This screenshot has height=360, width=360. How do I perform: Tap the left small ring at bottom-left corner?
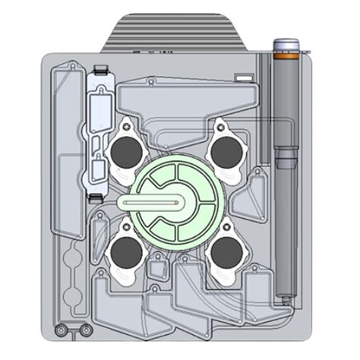(62, 330)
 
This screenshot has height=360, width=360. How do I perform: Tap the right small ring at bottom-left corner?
(85, 330)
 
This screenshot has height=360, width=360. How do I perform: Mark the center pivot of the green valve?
(177, 203)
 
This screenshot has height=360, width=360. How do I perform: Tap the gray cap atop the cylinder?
(289, 43)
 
